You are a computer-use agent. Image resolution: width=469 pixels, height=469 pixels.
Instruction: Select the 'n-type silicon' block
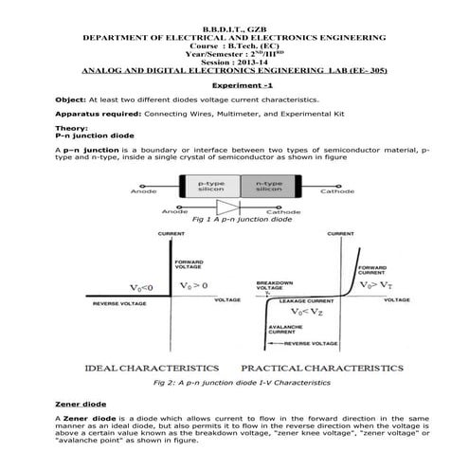coord(268,186)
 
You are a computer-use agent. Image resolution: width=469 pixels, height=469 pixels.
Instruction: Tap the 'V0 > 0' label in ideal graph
coord(197,283)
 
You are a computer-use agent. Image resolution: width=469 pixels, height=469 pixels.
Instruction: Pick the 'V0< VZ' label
coord(310,311)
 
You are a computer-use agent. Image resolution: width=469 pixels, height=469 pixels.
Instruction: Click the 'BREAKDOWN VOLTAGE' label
coord(275,284)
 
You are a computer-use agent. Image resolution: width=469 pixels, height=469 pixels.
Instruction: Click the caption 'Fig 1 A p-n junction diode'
coord(234,219)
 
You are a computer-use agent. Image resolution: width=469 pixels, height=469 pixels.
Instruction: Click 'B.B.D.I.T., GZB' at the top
coord(234,27)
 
